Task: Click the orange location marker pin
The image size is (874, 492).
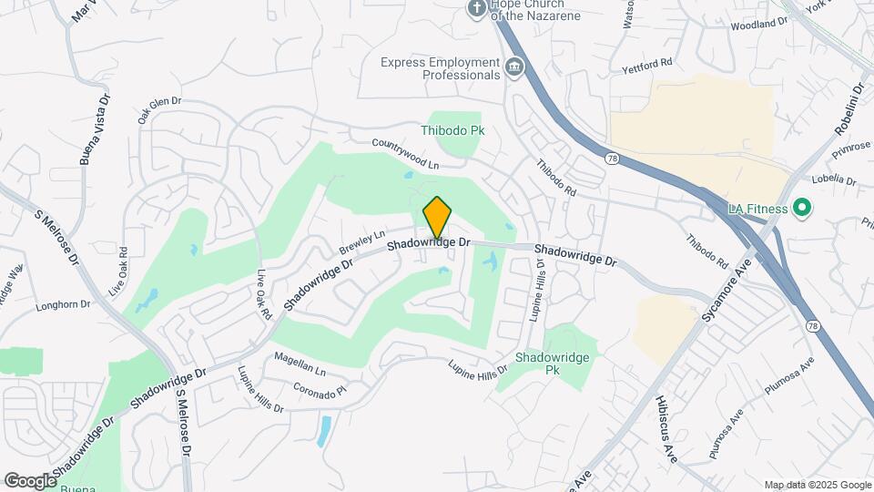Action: pyautogui.click(x=438, y=218)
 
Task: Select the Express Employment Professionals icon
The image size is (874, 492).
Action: pyautogui.click(x=514, y=67)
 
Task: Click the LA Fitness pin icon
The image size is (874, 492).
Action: pyautogui.click(x=802, y=209)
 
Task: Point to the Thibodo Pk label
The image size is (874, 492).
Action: pyautogui.click(x=452, y=130)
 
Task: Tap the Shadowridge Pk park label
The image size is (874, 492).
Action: pyautogui.click(x=553, y=364)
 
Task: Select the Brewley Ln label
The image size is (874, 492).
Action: pyautogui.click(x=362, y=241)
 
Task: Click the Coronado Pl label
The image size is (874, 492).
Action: pyautogui.click(x=320, y=390)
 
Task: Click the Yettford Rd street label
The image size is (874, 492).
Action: pyautogui.click(x=646, y=64)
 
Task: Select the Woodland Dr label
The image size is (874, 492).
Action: pyautogui.click(x=758, y=23)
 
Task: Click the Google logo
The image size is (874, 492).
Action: pyautogui.click(x=30, y=480)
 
